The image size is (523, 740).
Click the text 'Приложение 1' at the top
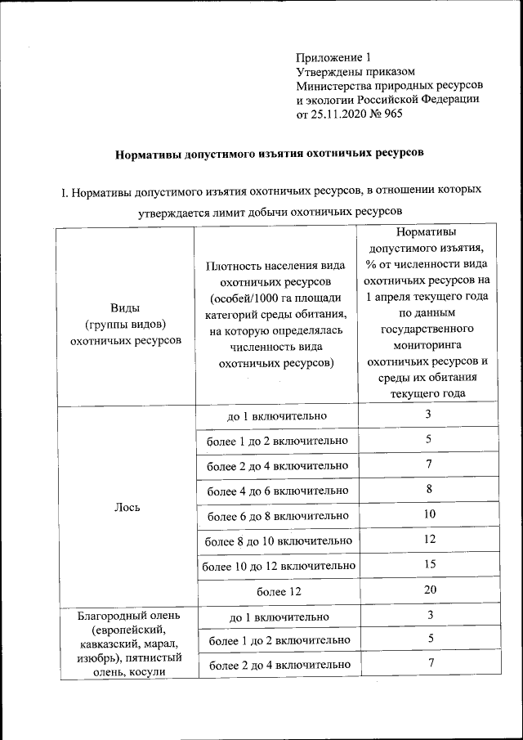[x=333, y=57]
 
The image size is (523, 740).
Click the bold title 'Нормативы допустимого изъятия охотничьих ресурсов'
[x=268, y=153]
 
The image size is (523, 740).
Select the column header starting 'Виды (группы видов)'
[x=126, y=324]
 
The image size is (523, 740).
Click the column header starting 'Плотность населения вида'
[x=276, y=314]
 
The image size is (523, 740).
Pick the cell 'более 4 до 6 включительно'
[x=277, y=491]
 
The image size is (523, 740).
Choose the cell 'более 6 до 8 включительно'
[x=277, y=516]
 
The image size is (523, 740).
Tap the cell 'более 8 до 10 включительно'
[x=277, y=540]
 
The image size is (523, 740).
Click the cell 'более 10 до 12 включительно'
[x=277, y=565]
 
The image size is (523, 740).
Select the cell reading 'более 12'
[x=277, y=590]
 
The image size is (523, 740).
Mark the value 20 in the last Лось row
[x=430, y=590]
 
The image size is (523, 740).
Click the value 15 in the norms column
[x=430, y=564]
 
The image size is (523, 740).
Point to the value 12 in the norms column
[x=430, y=540]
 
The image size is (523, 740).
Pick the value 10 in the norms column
[x=430, y=514]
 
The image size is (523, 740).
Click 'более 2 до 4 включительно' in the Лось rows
[x=277, y=465]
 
